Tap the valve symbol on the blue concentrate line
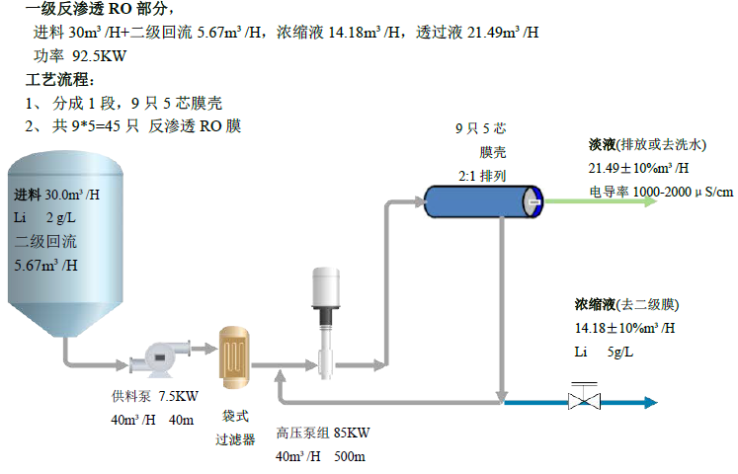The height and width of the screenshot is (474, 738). (x=583, y=401)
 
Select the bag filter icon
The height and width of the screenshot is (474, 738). (x=233, y=355)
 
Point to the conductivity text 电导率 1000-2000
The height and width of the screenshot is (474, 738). (x=660, y=191)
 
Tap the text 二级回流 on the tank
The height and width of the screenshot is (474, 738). (x=45, y=241)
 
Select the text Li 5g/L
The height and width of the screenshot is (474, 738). (x=605, y=351)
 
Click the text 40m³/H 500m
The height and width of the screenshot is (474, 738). (x=321, y=456)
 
